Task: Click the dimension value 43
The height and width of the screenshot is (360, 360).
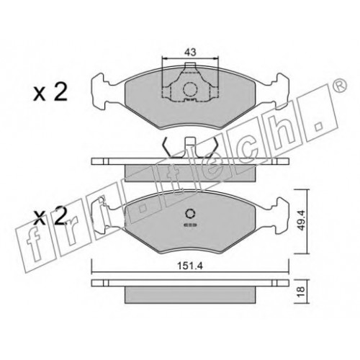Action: click(x=190, y=52)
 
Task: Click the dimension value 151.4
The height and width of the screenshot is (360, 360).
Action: click(x=190, y=266)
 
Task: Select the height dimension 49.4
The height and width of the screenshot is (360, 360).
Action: click(x=302, y=220)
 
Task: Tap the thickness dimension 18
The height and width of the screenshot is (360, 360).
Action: click(x=302, y=291)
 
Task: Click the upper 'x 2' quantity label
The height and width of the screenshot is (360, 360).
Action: click(x=50, y=93)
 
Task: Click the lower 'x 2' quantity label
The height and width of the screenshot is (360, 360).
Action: click(x=50, y=216)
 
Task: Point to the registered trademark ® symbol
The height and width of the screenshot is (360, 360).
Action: click(x=340, y=86)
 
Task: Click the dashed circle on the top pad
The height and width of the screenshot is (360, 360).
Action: click(x=190, y=89)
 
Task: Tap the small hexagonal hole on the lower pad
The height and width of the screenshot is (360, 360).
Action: click(x=191, y=213)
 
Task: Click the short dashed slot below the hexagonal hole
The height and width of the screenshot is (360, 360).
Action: click(x=190, y=225)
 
